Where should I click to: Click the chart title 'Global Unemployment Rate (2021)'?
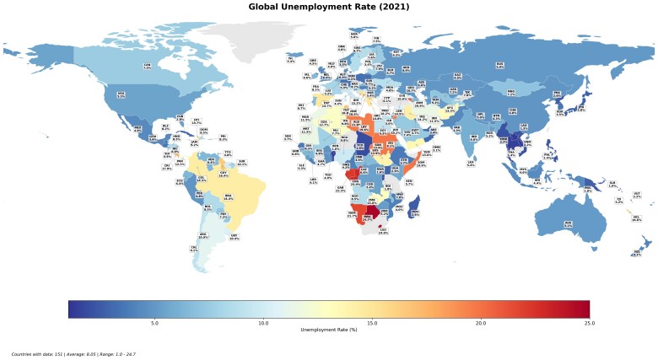click(x=328, y=7)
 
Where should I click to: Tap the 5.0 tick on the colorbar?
click(x=154, y=323)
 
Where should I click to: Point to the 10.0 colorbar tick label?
click(x=263, y=323)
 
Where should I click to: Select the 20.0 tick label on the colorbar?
click(x=481, y=323)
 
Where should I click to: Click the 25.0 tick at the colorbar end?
click(x=589, y=323)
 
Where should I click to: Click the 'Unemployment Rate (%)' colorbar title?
click(x=329, y=330)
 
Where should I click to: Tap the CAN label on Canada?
click(x=147, y=66)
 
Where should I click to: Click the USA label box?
click(x=121, y=95)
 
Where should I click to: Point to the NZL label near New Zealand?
click(x=636, y=253)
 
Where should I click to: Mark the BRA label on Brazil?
click(x=228, y=197)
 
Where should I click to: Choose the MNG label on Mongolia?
click(x=510, y=92)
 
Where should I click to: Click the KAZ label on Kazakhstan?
click(x=453, y=89)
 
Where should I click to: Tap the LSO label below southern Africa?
click(x=383, y=231)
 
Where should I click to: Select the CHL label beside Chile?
click(x=194, y=249)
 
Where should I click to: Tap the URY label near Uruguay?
click(x=234, y=237)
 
